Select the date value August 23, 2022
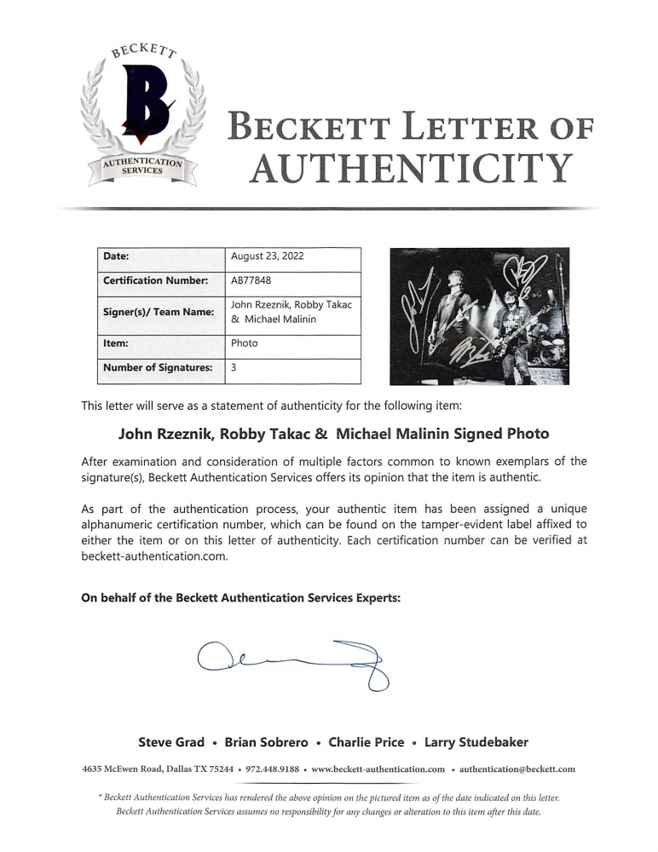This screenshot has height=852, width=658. pos(267,256)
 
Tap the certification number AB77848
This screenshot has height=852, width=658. pos(252,280)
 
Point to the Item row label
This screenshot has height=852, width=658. pos(116,343)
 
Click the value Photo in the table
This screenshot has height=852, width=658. pos(244,343)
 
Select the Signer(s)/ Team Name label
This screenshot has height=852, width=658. pos(158,312)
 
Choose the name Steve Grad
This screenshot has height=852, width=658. pos(171,742)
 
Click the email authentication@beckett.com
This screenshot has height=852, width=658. pos(517,769)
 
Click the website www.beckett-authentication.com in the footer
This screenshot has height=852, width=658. pos(378,769)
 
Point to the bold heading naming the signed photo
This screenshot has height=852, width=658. pos(333,433)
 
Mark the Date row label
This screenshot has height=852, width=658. pos(115,256)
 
